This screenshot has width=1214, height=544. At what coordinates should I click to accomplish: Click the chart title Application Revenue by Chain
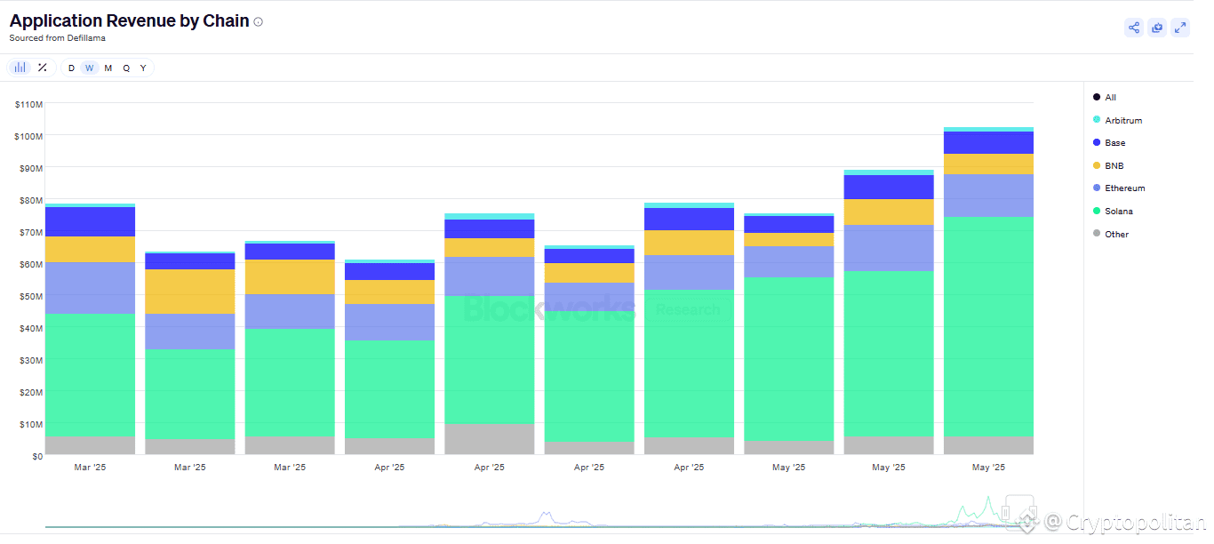(x=129, y=21)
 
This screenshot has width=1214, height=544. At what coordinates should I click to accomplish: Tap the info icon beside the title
(x=259, y=22)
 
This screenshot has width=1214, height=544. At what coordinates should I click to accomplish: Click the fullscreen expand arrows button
(x=1180, y=28)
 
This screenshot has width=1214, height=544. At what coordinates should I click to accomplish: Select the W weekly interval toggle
(x=89, y=68)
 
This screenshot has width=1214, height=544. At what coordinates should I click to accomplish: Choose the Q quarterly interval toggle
(x=126, y=68)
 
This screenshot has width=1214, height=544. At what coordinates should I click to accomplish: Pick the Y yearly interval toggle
(x=143, y=68)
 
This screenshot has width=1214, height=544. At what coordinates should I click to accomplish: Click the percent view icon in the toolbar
(x=42, y=68)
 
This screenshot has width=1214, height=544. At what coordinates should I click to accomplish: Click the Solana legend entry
(x=1118, y=212)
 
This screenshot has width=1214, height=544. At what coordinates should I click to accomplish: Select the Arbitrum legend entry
(x=1122, y=120)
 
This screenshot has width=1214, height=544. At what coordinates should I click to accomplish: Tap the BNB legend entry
(x=1114, y=165)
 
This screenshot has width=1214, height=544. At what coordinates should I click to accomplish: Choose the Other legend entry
(x=1116, y=234)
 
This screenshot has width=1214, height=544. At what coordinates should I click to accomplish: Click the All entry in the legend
(x=1110, y=98)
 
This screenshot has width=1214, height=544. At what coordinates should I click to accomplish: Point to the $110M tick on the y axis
(x=28, y=105)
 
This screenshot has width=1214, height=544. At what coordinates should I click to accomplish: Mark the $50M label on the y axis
(x=30, y=296)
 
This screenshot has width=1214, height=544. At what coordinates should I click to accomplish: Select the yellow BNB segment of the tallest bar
(x=988, y=164)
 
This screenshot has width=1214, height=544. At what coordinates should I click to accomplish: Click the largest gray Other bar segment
(x=489, y=439)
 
